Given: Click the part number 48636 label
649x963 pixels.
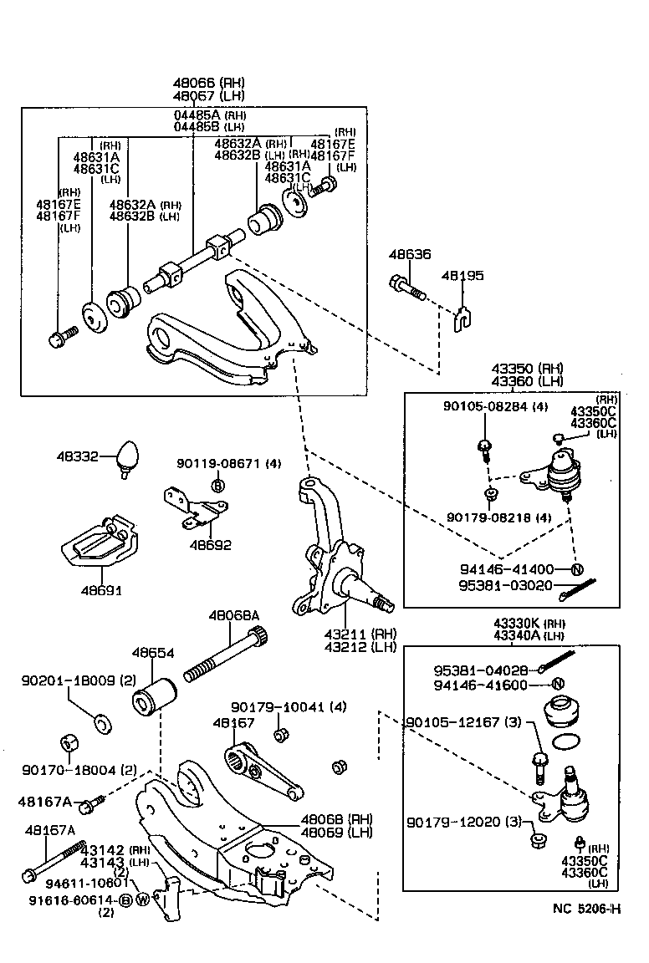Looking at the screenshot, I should point(409,254).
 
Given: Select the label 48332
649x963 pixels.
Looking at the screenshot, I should point(77,456).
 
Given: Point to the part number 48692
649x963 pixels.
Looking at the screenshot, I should point(210,545).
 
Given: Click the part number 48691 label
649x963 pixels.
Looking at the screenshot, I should point(101,590).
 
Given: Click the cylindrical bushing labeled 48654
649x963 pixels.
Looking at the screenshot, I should point(156,695).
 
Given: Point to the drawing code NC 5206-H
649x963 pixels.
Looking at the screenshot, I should point(586,909).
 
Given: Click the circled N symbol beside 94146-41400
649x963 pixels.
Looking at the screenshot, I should point(576,570).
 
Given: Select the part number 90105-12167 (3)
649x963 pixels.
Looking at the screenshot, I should point(463,721).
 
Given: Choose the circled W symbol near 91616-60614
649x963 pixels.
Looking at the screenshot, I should point(142,900).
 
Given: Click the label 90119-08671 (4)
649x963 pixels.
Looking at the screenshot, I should point(228,463).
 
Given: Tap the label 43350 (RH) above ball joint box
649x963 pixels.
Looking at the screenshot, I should point(528,369).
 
